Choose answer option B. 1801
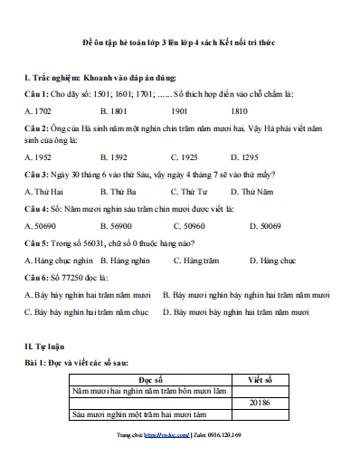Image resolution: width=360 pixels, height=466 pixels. [x=114, y=110]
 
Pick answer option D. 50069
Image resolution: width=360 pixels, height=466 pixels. [x=263, y=226]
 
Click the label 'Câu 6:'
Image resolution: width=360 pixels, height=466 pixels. [x=36, y=278]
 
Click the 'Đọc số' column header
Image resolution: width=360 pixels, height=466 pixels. [x=151, y=381]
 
